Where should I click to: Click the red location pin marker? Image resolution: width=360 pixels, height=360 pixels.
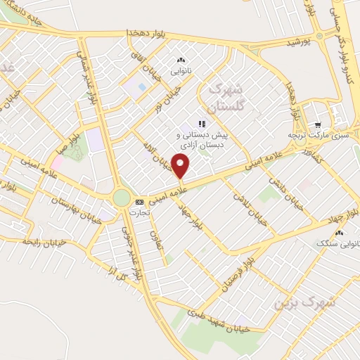[181, 167]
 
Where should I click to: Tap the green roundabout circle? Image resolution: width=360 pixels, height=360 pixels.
[122, 198]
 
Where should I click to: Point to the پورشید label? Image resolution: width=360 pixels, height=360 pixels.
[297, 42]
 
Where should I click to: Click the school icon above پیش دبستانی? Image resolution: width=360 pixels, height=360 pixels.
[201, 124]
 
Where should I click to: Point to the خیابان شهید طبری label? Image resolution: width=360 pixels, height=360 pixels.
[229, 321]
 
